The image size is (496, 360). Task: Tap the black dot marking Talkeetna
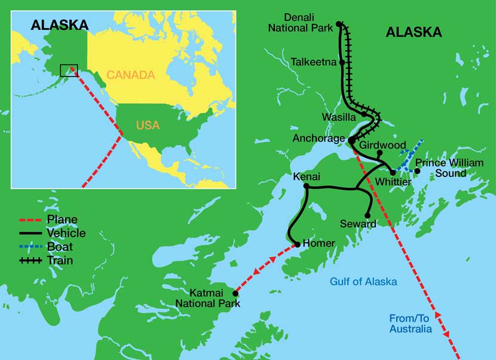pos(342,62)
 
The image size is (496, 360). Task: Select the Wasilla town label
pos(339,117)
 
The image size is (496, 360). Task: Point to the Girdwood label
pos(383,145)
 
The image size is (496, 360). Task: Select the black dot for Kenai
pos(306,187)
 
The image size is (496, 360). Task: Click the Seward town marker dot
pos(368,215)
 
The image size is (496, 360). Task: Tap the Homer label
pos(319,243)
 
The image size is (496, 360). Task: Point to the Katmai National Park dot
pos(236,294)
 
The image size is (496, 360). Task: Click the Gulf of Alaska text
pos(363,282)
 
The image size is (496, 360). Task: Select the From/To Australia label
pos(410,324)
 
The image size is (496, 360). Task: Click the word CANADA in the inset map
pos(130,75)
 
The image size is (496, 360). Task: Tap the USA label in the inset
pos(148,126)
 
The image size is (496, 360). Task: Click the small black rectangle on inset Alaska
pos(69,70)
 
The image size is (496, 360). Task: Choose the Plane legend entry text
pos(63,220)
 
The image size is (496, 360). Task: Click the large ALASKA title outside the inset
pos(414,32)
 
